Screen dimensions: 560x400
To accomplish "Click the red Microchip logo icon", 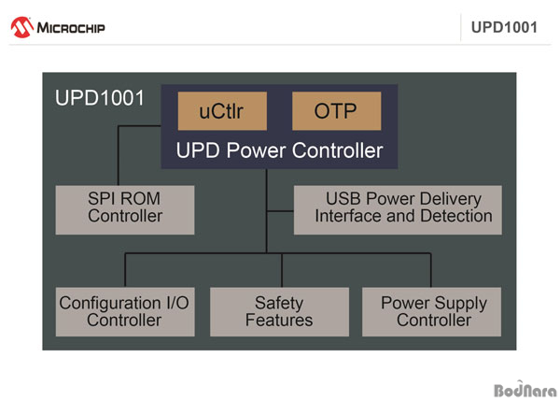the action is (x=22, y=27).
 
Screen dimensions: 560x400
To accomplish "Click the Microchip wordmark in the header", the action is (x=71, y=28).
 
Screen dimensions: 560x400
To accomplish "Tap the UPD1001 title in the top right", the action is (x=504, y=27).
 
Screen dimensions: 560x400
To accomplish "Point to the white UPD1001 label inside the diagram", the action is (x=100, y=97).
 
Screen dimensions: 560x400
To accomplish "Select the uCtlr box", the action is (x=222, y=111).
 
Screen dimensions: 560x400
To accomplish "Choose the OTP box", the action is (x=336, y=111).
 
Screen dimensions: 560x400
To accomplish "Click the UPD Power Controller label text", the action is (x=279, y=150).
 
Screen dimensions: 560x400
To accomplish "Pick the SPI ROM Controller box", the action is (x=125, y=210).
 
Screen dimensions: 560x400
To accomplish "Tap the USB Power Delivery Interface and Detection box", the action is (x=398, y=210).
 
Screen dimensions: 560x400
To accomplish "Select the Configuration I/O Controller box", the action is (x=125, y=312).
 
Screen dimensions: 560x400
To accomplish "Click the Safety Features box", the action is (x=279, y=312).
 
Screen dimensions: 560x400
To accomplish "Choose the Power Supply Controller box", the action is (x=432, y=312).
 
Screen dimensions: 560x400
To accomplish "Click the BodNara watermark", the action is (x=525, y=390).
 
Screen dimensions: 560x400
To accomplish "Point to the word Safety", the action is (x=279, y=304).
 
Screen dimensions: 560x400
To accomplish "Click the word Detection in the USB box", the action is (x=456, y=216).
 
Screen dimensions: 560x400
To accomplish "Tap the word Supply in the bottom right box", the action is (x=461, y=304).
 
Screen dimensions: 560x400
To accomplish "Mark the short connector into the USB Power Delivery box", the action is (x=280, y=211).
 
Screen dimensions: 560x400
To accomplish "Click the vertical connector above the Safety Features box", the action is (x=282, y=270).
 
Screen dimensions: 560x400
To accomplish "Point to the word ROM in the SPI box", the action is (x=142, y=199).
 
